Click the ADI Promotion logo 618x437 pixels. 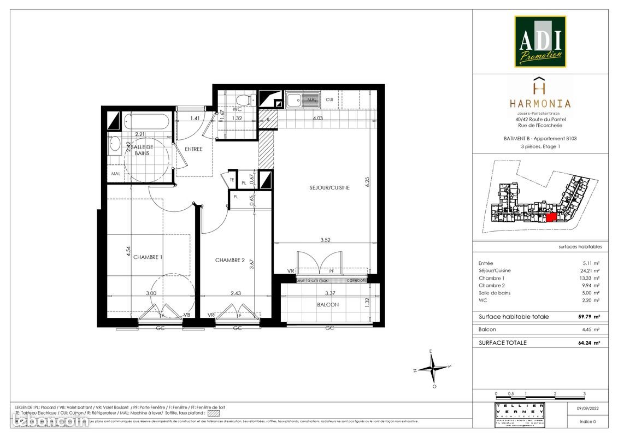(x=540, y=41)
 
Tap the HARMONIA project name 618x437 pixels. (x=540, y=103)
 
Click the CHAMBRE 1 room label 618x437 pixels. (x=148, y=257)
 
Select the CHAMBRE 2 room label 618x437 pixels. (x=229, y=260)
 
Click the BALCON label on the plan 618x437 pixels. (x=328, y=305)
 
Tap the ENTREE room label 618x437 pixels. (x=193, y=149)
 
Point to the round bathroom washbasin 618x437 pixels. (x=115, y=144)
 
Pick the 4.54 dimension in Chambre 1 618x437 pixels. (x=128, y=251)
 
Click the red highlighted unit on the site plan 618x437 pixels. (x=551, y=217)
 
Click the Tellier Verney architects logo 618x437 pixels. (x=519, y=416)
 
